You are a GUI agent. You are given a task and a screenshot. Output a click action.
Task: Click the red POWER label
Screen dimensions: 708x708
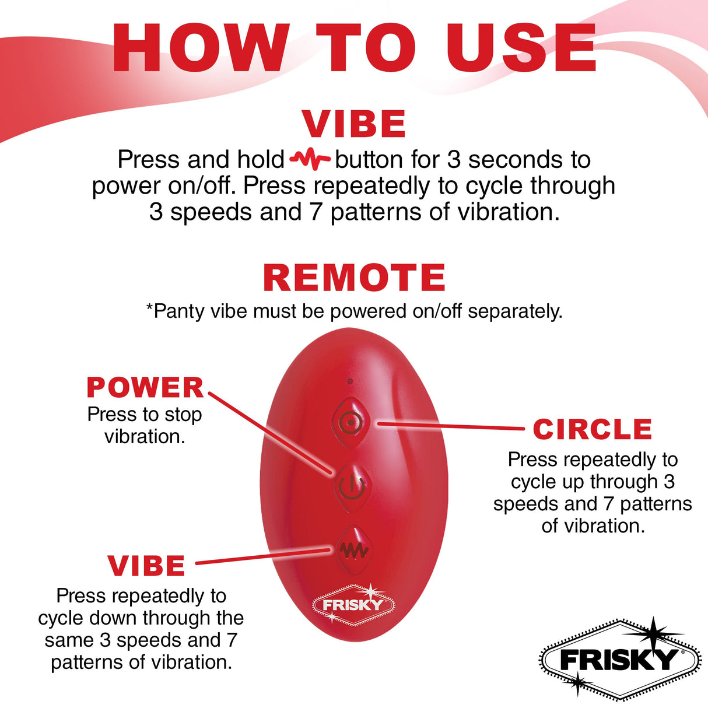145,388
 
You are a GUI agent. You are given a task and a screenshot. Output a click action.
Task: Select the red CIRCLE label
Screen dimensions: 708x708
592,430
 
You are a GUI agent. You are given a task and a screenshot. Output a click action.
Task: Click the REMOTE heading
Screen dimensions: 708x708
354,278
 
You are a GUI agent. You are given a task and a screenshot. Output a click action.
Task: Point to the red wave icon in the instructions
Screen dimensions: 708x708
310,159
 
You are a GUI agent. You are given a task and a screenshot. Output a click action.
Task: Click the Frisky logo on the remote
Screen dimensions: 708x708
353,605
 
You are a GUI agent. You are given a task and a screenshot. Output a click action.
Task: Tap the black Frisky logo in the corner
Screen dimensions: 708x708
619,660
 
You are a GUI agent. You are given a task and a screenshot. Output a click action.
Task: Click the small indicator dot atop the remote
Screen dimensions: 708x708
349,381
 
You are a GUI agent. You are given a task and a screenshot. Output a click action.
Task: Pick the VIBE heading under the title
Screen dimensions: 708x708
354,124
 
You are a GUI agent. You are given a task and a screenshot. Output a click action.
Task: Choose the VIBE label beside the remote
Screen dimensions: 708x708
146,566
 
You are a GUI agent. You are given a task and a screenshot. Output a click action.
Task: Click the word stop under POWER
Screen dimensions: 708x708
183,415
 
